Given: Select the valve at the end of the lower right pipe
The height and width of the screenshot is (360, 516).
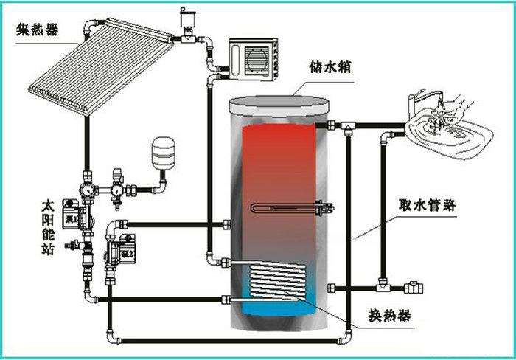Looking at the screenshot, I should pyautogui.click(x=415, y=285).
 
